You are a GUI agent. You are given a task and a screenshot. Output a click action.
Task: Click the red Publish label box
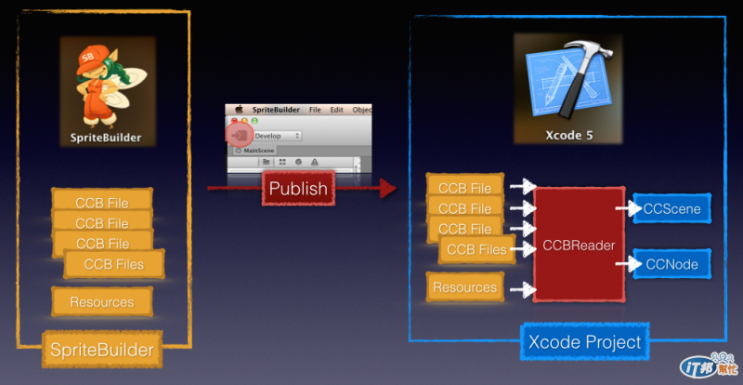297,189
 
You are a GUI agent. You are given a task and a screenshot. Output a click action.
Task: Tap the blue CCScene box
671,209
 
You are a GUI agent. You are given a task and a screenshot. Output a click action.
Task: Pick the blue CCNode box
671,265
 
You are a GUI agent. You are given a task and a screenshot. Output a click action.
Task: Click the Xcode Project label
584,342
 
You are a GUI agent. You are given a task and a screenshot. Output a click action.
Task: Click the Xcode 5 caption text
567,135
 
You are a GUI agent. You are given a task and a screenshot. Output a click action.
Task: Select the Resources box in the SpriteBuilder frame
101,301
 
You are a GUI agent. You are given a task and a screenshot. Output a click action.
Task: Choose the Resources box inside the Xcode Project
464,287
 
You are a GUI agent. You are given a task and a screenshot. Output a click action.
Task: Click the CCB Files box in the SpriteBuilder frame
115,265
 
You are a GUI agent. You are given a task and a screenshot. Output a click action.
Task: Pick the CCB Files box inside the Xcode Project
476,249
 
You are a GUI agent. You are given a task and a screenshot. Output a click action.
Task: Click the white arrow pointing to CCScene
632,209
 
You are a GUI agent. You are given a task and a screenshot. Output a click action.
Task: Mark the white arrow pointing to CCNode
632,265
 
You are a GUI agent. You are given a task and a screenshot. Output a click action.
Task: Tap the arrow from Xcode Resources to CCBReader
520,289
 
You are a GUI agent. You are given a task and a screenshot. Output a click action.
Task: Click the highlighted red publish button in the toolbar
240,135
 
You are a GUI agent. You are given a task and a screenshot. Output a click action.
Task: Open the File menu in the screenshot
315,109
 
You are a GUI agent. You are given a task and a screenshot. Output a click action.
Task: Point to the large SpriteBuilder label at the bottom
100,350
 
